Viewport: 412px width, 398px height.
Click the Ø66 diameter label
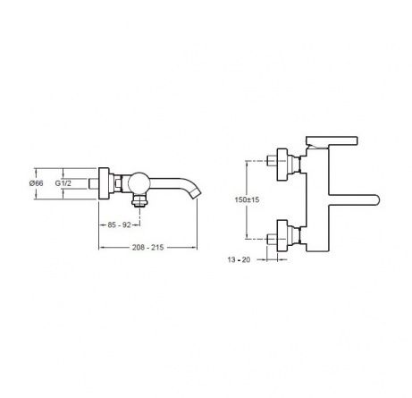point(36,183)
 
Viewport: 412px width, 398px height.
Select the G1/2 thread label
point(63,183)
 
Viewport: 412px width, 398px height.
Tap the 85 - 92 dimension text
point(119,225)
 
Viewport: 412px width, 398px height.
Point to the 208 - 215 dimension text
point(147,248)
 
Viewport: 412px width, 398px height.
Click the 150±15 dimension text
point(247,199)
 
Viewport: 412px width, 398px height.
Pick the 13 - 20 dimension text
point(239,259)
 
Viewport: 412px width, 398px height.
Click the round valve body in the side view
point(139,182)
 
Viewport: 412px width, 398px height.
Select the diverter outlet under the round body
point(139,199)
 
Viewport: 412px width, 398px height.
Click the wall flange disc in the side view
point(104,183)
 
